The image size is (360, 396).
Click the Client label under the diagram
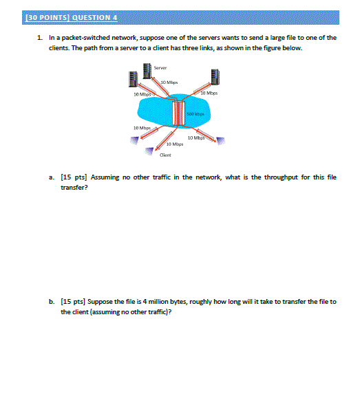[165, 155]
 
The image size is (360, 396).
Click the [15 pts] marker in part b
[72, 302]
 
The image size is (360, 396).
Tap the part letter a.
[52, 177]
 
